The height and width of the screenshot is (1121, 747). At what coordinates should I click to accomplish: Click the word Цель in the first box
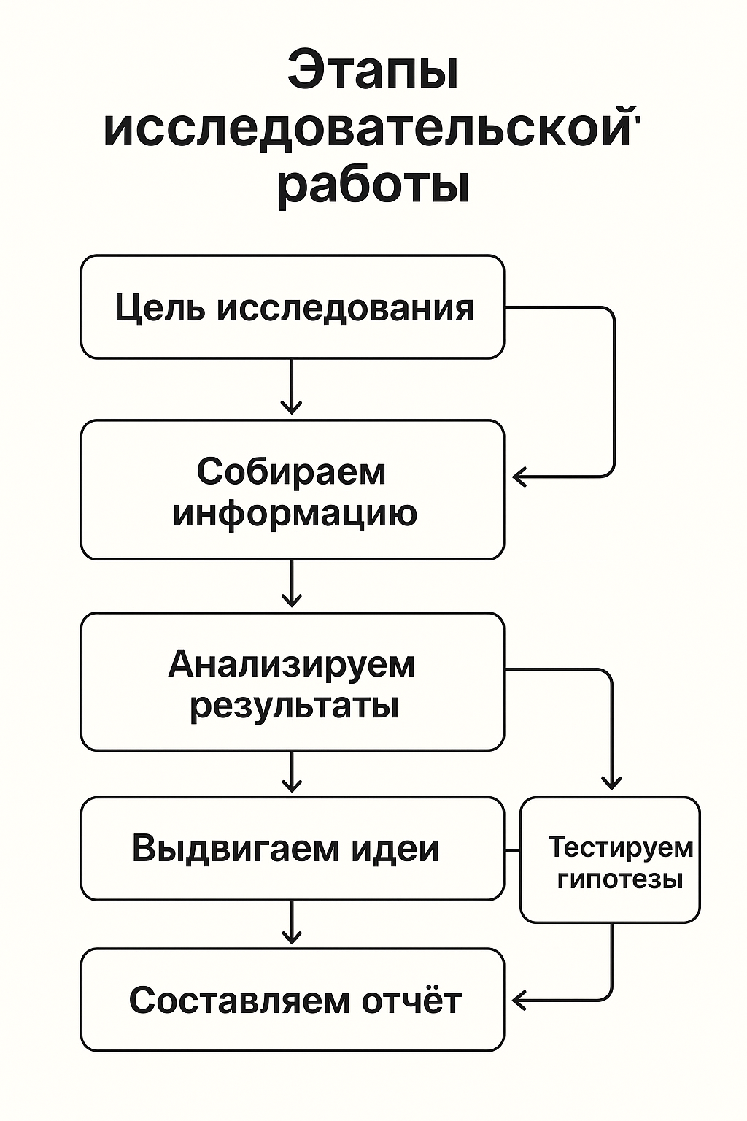(x=159, y=308)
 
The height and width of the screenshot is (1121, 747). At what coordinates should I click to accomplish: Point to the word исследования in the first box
(x=345, y=308)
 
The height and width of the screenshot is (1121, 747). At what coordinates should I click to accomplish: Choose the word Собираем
(x=291, y=471)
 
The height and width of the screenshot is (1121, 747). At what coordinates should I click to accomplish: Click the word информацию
(x=295, y=512)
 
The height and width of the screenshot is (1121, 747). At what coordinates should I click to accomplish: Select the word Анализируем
(x=292, y=664)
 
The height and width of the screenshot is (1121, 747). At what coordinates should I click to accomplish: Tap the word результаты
(x=294, y=706)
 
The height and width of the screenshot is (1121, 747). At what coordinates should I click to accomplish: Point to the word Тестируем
(x=620, y=847)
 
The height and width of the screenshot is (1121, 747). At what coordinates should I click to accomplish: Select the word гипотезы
(x=620, y=879)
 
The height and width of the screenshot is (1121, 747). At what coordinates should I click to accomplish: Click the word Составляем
(x=229, y=1000)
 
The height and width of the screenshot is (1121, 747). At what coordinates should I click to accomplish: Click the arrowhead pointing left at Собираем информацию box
(x=519, y=477)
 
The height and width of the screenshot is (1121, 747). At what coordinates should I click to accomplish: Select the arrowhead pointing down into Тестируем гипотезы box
(x=611, y=782)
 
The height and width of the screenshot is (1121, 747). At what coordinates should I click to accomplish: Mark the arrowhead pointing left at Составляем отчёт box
(x=519, y=1000)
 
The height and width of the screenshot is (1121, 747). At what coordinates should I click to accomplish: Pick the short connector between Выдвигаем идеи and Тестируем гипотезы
(x=512, y=850)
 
